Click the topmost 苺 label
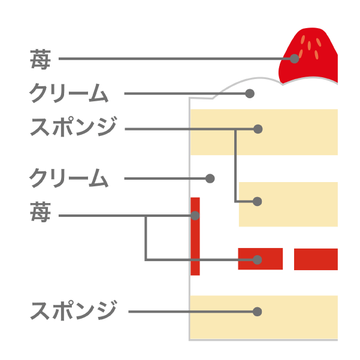(40, 59)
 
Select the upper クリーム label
(69, 93)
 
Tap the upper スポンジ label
(74, 127)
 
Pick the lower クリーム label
(69, 178)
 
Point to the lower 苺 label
(40, 212)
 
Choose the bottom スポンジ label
(74, 310)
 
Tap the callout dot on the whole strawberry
(294, 59)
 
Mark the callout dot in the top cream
(250, 93)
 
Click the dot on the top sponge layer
(258, 129)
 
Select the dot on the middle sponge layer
(257, 201)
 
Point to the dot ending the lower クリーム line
(210, 179)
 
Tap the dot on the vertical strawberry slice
(195, 216)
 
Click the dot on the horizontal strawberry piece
(257, 260)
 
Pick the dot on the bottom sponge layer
(257, 311)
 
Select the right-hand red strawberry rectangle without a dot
(316, 259)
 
